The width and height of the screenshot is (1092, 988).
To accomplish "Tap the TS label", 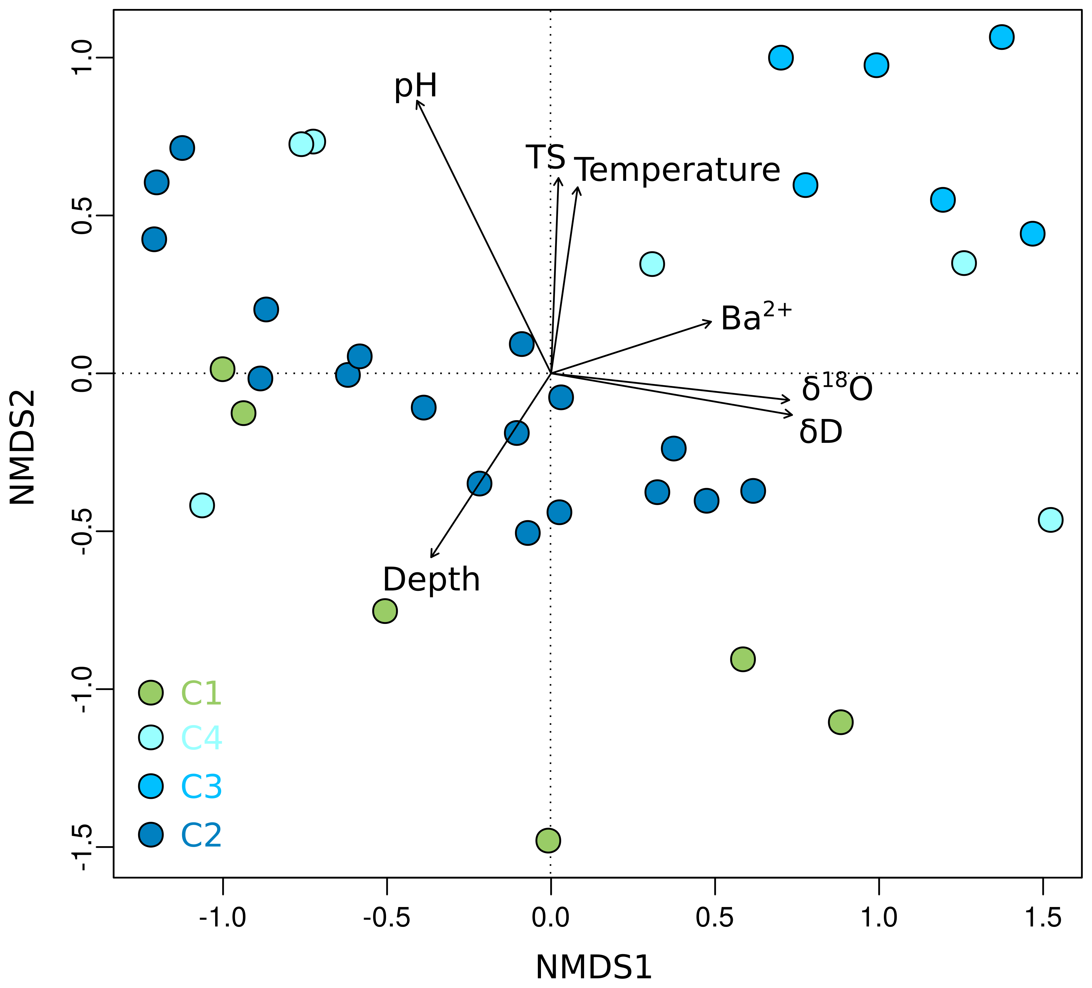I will pos(545,157).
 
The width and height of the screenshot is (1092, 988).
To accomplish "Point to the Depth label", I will pos(431,579).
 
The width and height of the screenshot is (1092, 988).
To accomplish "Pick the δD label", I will pos(821,432).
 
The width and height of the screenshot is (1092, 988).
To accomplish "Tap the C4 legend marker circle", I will pos(151,738).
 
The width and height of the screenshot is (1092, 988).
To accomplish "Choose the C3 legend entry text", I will pos(201,786).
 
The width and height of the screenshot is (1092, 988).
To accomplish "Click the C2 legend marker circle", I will pos(151,835).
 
